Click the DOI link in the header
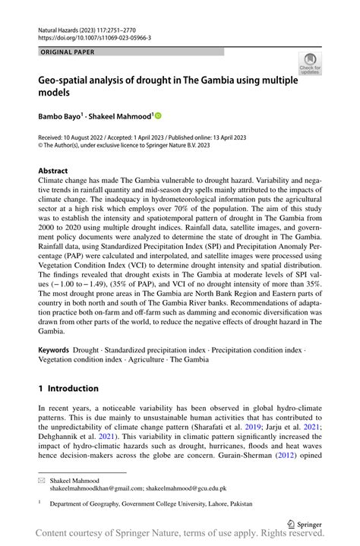point(94,37)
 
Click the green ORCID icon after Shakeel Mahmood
point(159,116)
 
